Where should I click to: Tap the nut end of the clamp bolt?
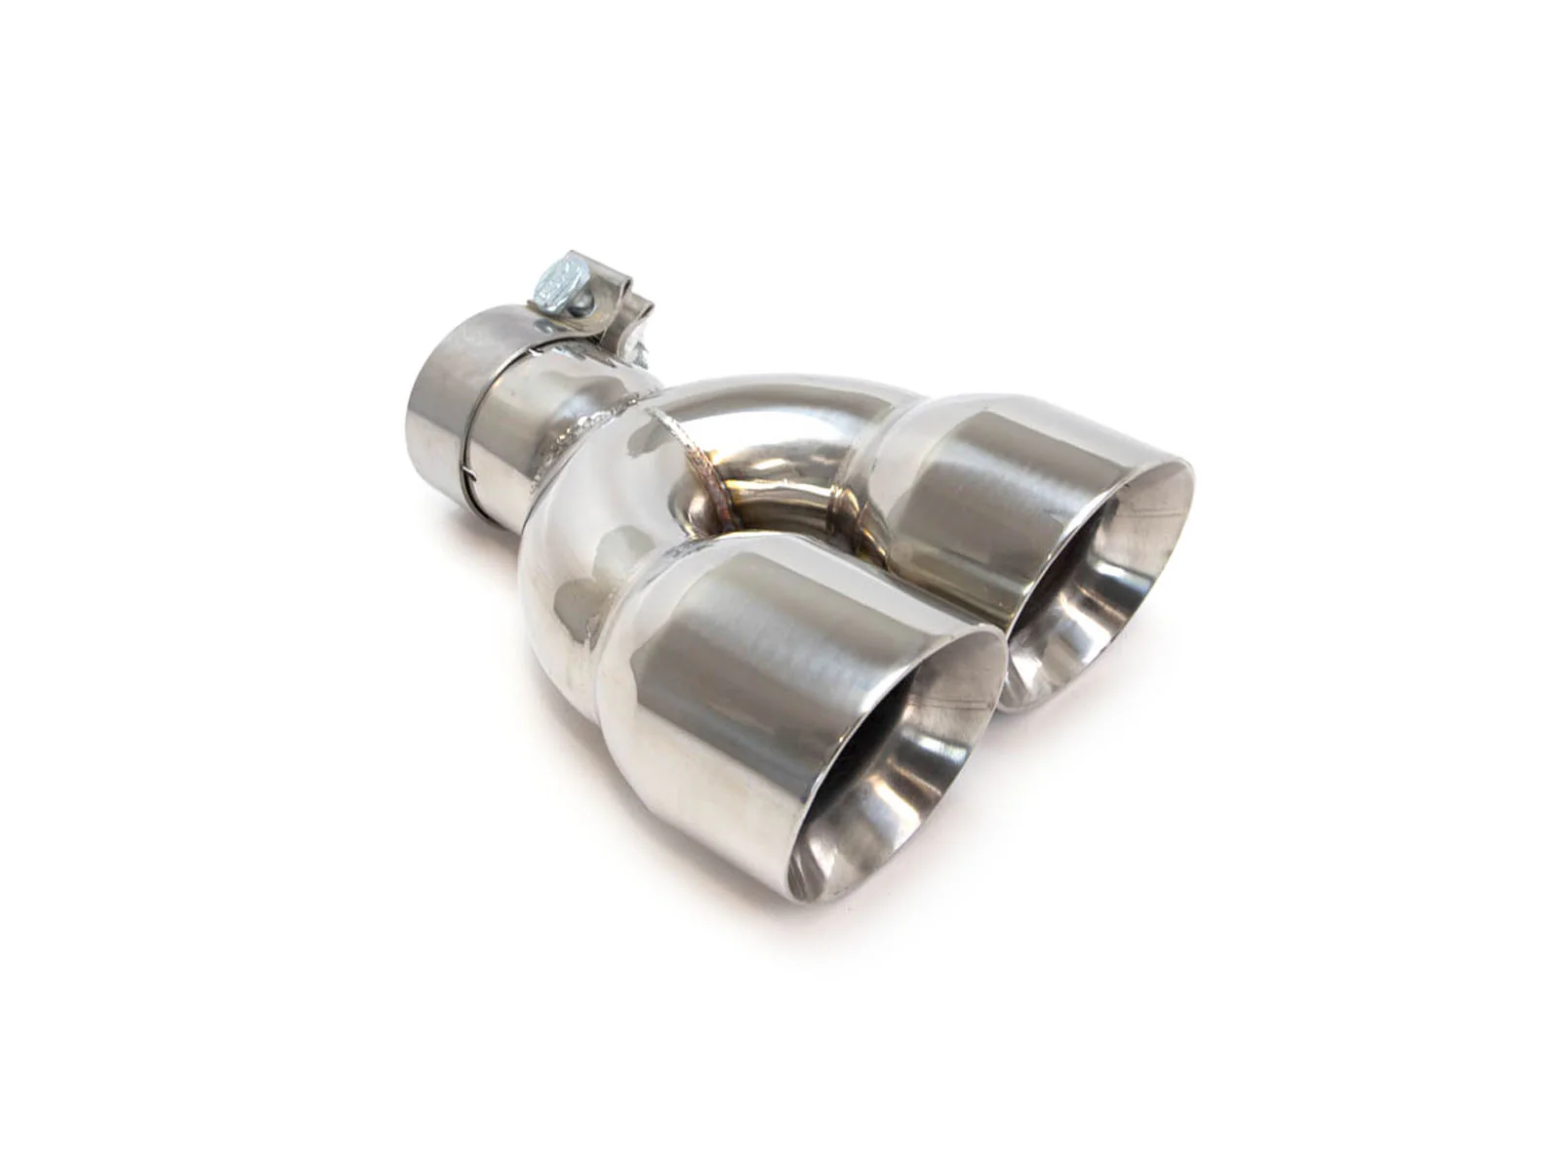639,342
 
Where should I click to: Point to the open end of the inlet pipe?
429,410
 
